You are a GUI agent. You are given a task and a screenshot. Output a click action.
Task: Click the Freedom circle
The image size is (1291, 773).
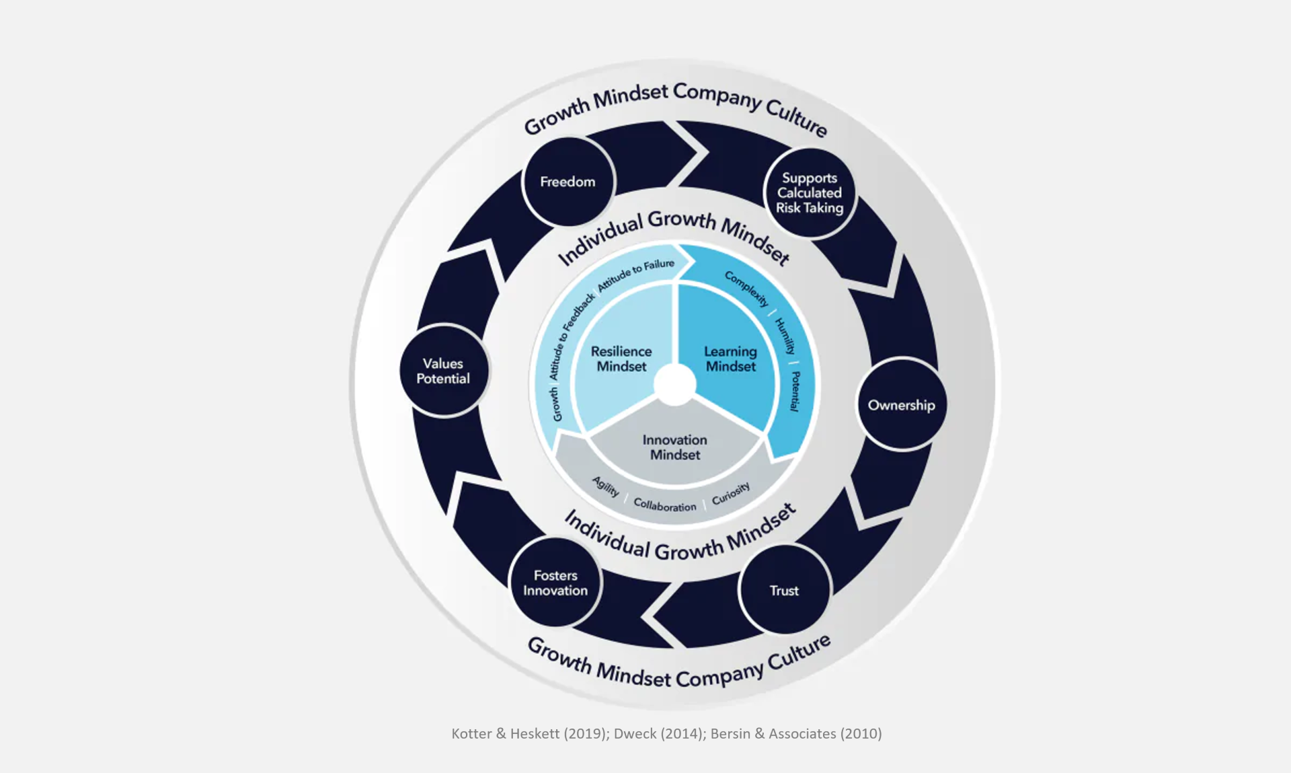(568, 182)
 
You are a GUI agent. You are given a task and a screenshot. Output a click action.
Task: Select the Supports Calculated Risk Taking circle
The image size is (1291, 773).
(810, 193)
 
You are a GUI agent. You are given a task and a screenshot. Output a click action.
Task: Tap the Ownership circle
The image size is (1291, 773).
(901, 405)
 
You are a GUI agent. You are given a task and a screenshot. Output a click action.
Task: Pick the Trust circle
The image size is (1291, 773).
(784, 591)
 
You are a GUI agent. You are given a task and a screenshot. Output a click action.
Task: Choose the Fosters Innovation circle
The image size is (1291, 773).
(555, 583)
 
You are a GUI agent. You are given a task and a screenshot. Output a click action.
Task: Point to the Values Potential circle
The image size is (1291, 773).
(443, 371)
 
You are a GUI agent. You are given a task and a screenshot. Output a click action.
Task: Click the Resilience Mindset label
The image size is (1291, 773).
(621, 359)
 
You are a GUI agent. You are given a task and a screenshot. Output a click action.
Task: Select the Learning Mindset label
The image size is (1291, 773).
(730, 359)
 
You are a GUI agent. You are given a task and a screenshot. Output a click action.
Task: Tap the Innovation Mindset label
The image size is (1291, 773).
(674, 447)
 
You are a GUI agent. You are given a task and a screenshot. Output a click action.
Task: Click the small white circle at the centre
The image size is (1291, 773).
(674, 385)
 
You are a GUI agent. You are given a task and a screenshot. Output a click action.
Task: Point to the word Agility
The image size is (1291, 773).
(605, 486)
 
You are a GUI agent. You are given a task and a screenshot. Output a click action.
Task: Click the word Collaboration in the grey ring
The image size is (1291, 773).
(664, 505)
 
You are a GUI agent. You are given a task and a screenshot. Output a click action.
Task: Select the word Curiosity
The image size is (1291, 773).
(730, 493)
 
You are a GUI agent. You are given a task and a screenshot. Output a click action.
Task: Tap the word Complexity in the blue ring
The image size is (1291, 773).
(746, 289)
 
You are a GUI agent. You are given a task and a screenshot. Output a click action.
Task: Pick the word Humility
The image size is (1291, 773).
(785, 336)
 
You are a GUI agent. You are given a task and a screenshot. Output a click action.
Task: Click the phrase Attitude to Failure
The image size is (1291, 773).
(636, 274)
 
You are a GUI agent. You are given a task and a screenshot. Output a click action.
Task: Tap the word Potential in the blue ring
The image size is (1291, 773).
(795, 391)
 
